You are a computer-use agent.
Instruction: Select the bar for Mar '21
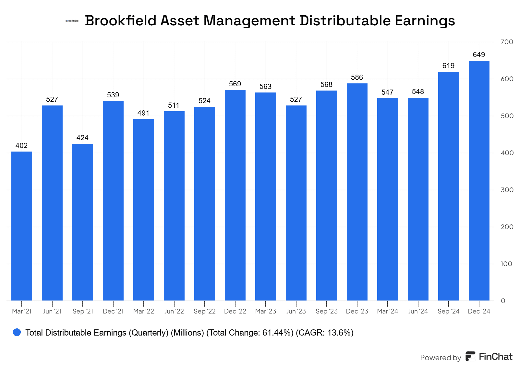(x=22, y=226)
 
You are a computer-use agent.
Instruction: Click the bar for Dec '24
(x=479, y=180)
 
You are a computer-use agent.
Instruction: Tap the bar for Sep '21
(x=83, y=222)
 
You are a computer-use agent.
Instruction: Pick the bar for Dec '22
(x=235, y=195)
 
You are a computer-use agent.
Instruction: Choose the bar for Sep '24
(x=448, y=186)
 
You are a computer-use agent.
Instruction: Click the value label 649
(x=479, y=55)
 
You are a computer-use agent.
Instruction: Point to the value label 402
(x=22, y=146)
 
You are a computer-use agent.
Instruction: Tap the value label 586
(x=357, y=78)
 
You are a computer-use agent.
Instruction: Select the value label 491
(x=143, y=113)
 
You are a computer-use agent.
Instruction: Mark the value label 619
(x=448, y=66)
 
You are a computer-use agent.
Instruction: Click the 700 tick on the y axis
(x=507, y=42)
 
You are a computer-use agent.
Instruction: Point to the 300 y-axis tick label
(x=507, y=190)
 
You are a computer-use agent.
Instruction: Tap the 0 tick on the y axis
(x=503, y=301)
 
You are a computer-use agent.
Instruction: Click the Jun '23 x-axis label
(x=296, y=312)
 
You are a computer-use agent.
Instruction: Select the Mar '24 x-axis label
(x=388, y=312)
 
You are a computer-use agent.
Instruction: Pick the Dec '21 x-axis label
(x=113, y=312)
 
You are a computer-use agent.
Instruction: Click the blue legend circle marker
(x=17, y=332)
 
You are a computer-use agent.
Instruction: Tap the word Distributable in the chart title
(x=345, y=21)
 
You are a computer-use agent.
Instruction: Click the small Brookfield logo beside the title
(x=72, y=21)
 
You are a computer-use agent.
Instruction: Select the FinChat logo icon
(x=470, y=356)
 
